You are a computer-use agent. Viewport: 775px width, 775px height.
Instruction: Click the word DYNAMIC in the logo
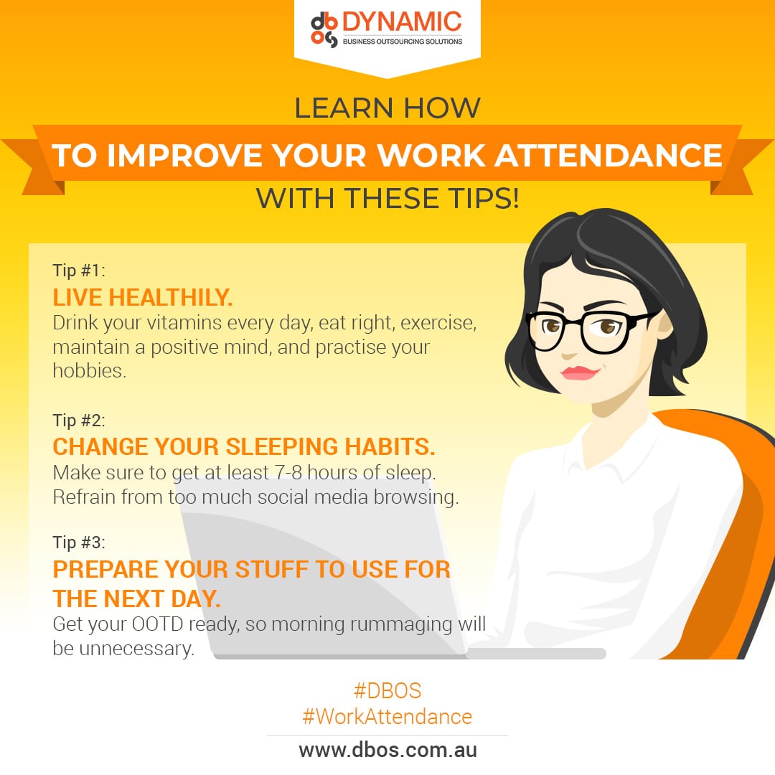point(402,22)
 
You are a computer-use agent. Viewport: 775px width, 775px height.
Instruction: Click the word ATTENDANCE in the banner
point(609,155)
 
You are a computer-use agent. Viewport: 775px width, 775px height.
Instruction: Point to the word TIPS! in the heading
point(484,198)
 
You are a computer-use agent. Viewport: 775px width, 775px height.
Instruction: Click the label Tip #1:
point(79,271)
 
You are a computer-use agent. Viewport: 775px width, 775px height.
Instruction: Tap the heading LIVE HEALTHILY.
point(142,298)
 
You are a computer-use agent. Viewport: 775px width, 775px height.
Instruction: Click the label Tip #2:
point(79,420)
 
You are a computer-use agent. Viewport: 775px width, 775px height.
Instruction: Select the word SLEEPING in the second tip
point(281,446)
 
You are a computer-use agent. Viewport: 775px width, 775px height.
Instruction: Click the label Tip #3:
point(79,542)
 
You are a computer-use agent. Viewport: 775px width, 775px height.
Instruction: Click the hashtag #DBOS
point(387,690)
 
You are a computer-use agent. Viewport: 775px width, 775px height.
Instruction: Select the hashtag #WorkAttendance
point(387,716)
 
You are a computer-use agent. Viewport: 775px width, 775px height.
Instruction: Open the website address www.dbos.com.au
point(388,750)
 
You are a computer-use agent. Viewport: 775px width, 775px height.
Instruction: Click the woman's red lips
point(579,372)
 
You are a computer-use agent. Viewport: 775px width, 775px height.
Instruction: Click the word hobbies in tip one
point(90,370)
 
